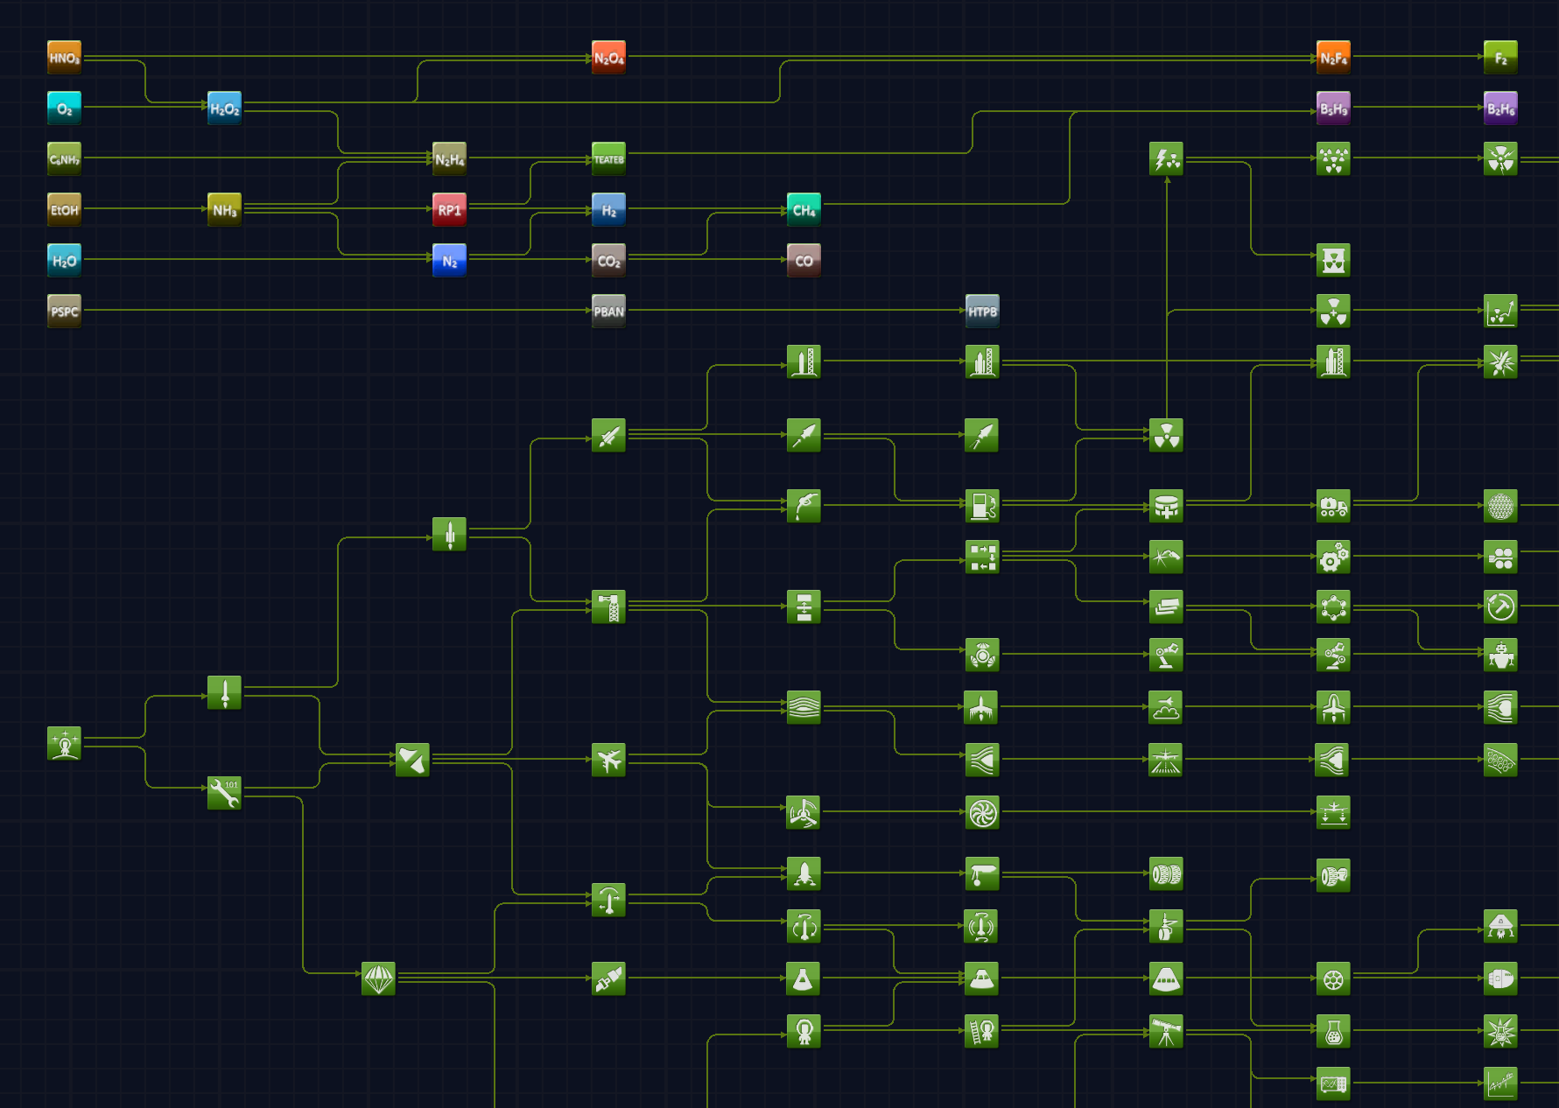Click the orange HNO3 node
tap(64, 58)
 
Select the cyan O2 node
tap(64, 109)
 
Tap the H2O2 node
tap(224, 109)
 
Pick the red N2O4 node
tap(608, 58)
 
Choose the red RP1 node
tap(449, 210)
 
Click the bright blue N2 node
tap(449, 261)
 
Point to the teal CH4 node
tap(804, 210)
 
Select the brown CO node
tap(804, 261)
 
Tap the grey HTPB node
tap(982, 312)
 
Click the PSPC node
tap(64, 312)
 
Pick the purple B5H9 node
tap(1333, 109)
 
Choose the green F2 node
tap(1500, 58)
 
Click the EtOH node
tap(64, 210)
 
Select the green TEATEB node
tap(608, 159)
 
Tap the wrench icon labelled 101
tap(224, 793)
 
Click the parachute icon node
tap(378, 978)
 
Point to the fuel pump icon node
tap(982, 505)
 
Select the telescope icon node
tap(1166, 1031)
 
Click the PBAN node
tap(608, 312)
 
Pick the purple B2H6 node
tap(1500, 109)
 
